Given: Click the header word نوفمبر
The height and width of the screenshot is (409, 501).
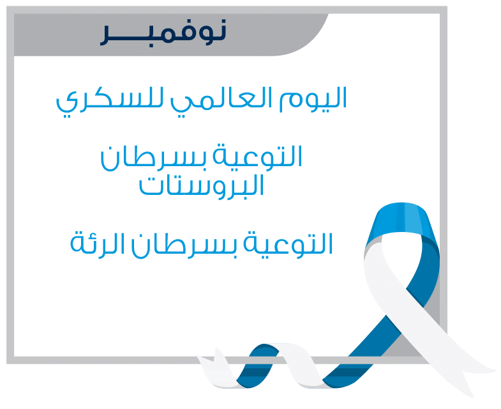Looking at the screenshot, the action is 163,32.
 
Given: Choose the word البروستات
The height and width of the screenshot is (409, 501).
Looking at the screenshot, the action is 201,186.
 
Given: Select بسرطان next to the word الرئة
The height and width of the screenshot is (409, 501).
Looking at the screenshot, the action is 184,246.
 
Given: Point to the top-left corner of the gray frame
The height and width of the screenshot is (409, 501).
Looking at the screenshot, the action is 7,6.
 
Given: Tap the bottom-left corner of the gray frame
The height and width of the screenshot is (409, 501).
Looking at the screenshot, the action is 7,364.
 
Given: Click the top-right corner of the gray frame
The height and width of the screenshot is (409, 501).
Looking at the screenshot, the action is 447,6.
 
